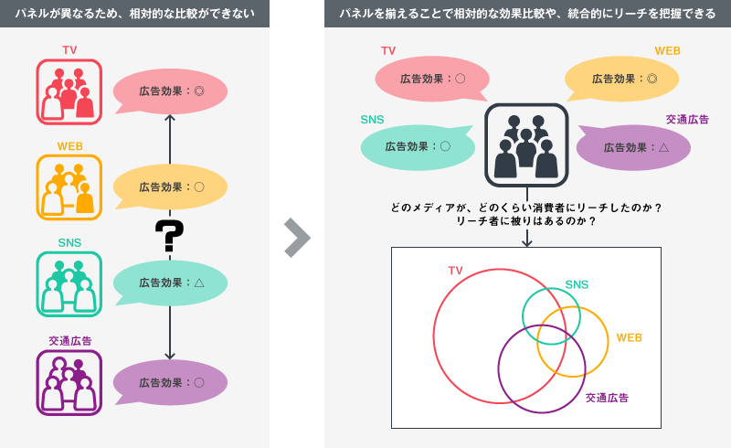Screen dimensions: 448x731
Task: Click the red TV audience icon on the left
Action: pyautogui.click(x=69, y=91)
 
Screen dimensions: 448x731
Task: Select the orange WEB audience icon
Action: pyautogui.click(x=69, y=187)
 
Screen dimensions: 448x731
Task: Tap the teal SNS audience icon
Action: pyautogui.click(x=69, y=283)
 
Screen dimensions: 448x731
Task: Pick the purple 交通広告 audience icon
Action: pyautogui.click(x=69, y=382)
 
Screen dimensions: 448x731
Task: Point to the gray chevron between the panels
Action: pyautogui.click(x=297, y=237)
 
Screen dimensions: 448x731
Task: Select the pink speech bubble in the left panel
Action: pyautogui.click(x=170, y=91)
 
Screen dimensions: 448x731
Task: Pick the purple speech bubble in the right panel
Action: pyautogui.click(x=634, y=147)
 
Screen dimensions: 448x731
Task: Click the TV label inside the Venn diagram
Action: pyautogui.click(x=455, y=270)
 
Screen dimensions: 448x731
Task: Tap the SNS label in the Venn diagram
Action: pyautogui.click(x=577, y=285)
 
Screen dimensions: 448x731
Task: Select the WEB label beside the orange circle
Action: pyautogui.click(x=629, y=337)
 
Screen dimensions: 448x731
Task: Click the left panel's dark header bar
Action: pyautogui.click(x=134, y=13)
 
